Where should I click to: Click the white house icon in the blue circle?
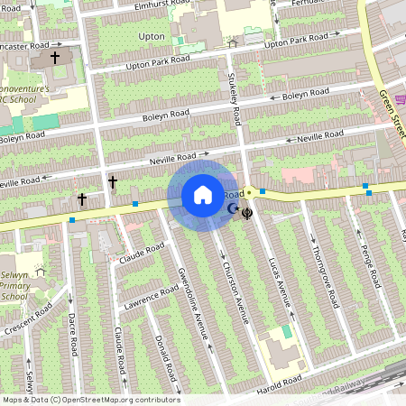(x=202, y=195)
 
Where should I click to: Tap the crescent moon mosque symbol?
(x=233, y=209)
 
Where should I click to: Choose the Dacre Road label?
(x=73, y=334)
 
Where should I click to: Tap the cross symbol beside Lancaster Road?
(x=55, y=58)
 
